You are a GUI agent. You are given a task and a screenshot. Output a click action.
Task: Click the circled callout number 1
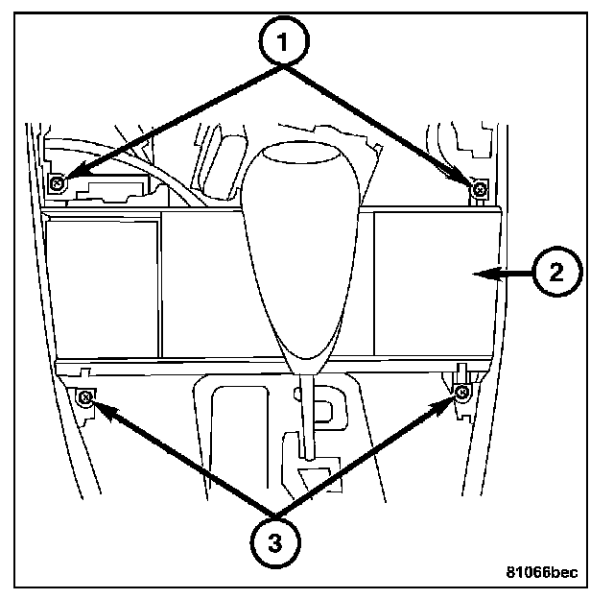pos(281,42)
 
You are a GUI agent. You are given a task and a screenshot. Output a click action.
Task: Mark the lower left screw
pos(84,396)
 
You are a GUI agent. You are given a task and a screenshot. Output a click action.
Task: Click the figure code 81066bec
pos(542,573)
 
